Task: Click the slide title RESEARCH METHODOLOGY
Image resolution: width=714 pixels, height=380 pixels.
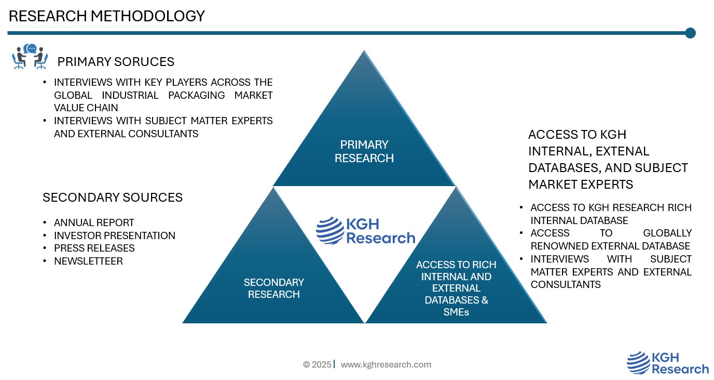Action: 107,16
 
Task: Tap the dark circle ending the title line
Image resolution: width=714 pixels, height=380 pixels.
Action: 690,33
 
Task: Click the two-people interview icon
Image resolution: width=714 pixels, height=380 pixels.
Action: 30,57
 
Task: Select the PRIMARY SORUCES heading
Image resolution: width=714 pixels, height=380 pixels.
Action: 116,62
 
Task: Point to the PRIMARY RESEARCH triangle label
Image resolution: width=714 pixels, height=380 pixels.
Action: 364,151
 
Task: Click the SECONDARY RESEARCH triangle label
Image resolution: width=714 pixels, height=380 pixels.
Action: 273,289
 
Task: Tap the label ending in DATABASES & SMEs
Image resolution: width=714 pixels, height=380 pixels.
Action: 456,288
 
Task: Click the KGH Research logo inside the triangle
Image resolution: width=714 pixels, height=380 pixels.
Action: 366,231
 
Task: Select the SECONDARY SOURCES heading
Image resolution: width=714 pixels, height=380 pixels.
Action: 113,198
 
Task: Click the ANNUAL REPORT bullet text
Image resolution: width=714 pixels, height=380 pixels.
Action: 94,222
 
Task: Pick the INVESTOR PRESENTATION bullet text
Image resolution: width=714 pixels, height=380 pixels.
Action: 115,235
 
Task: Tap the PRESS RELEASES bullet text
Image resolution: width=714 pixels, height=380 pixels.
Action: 94,248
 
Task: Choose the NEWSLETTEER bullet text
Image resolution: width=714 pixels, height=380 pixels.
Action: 88,261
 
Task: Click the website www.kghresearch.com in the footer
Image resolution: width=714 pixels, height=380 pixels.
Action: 386,364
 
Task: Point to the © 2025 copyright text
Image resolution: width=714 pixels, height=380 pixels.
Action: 317,364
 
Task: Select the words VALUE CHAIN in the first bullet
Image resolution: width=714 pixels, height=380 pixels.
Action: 86,108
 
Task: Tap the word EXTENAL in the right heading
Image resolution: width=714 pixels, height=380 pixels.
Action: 622,151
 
